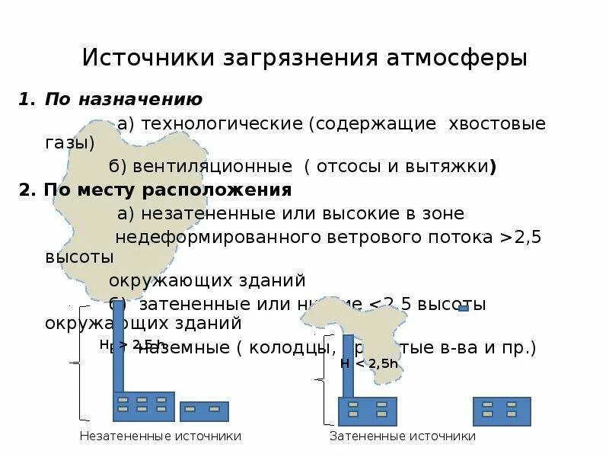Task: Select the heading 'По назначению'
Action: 123,99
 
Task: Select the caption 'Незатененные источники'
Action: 160,436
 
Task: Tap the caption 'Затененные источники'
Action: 402,436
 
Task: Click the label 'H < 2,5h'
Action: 369,363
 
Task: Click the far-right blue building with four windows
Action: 502,411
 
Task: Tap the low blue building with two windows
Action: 204,411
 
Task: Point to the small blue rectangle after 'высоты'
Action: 463,308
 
